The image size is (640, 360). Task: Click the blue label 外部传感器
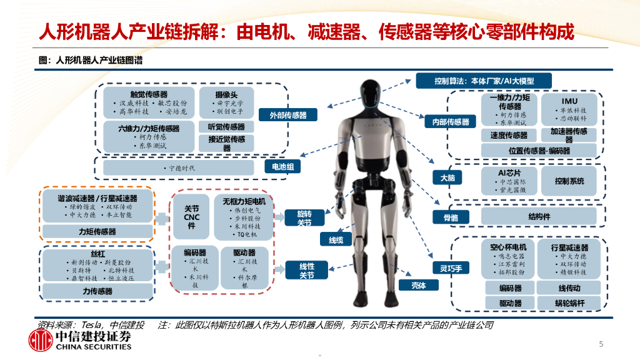pyautogui.click(x=288, y=115)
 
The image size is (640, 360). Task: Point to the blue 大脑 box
pyautogui.click(x=447, y=178)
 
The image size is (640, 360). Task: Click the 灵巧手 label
pyautogui.click(x=447, y=268)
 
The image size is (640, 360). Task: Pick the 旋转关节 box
pyautogui.click(x=304, y=218)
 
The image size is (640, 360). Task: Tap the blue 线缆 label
pyautogui.click(x=331, y=239)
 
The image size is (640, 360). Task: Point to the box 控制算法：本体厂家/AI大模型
pyautogui.click(x=484, y=80)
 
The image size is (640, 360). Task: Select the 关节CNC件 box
pyautogui.click(x=191, y=216)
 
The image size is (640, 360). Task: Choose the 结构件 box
pyautogui.click(x=539, y=217)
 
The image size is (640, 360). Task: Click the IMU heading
pyautogui.click(x=569, y=101)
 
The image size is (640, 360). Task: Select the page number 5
pyautogui.click(x=601, y=344)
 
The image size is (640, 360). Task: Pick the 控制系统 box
pyautogui.click(x=569, y=181)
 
